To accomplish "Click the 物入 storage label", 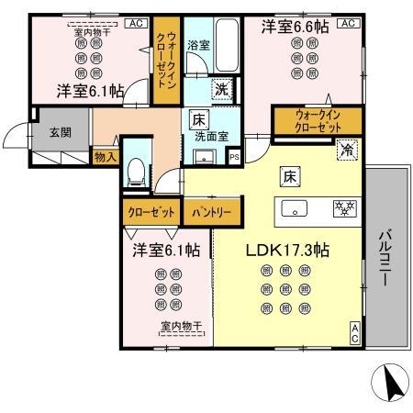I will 106,157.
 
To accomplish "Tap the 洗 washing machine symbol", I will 222,89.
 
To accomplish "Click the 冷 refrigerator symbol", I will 349,148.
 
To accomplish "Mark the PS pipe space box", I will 234,156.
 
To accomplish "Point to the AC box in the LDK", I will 354,333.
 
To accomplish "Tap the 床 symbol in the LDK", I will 287,174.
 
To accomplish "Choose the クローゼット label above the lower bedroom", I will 150,212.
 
